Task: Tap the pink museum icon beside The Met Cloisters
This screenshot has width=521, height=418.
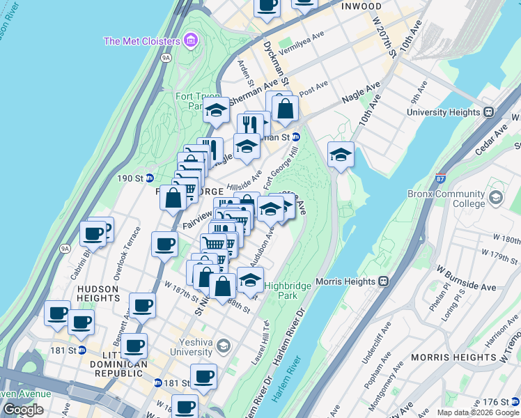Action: [190, 41]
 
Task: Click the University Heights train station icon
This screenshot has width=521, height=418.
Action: [490, 111]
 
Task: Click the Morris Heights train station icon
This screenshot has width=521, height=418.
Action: [383, 281]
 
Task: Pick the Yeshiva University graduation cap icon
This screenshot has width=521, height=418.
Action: [222, 346]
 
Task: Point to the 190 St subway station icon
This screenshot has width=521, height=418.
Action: [149, 178]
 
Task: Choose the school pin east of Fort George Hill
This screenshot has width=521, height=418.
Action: [341, 155]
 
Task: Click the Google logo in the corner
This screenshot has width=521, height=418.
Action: [23, 410]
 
